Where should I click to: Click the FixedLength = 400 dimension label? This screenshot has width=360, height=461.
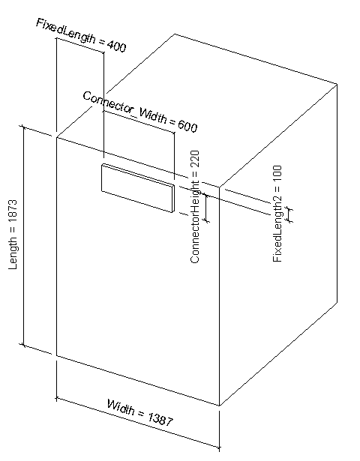coord(81,35)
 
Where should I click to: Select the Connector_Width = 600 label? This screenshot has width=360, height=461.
coord(140,112)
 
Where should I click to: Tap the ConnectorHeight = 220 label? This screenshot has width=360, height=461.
coord(195,207)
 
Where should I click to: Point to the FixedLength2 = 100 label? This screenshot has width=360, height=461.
coord(277,214)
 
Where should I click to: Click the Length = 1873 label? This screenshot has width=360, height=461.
coord(13,235)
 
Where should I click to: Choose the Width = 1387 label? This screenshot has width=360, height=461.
coord(140,412)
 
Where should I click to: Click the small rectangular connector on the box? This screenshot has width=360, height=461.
coord(138,188)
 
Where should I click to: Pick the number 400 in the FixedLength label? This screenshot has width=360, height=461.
coord(117,46)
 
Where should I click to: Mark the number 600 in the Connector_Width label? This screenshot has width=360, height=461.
coord(187,126)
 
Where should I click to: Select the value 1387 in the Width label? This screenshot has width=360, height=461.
coord(160,419)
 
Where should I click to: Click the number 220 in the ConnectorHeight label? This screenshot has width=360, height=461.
coord(195,159)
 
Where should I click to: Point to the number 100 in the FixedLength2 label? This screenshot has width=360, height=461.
coord(277,174)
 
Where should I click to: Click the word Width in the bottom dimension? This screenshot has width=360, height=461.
coord(121,406)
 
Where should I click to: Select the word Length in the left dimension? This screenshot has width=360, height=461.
coord(13,253)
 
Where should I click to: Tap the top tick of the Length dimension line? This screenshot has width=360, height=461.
coord(23,127)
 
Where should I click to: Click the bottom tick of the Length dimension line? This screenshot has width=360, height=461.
coord(23,345)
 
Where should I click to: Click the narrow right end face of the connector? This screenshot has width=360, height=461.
coord(173,199)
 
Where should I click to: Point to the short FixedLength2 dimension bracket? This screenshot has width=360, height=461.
coord(289,214)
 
